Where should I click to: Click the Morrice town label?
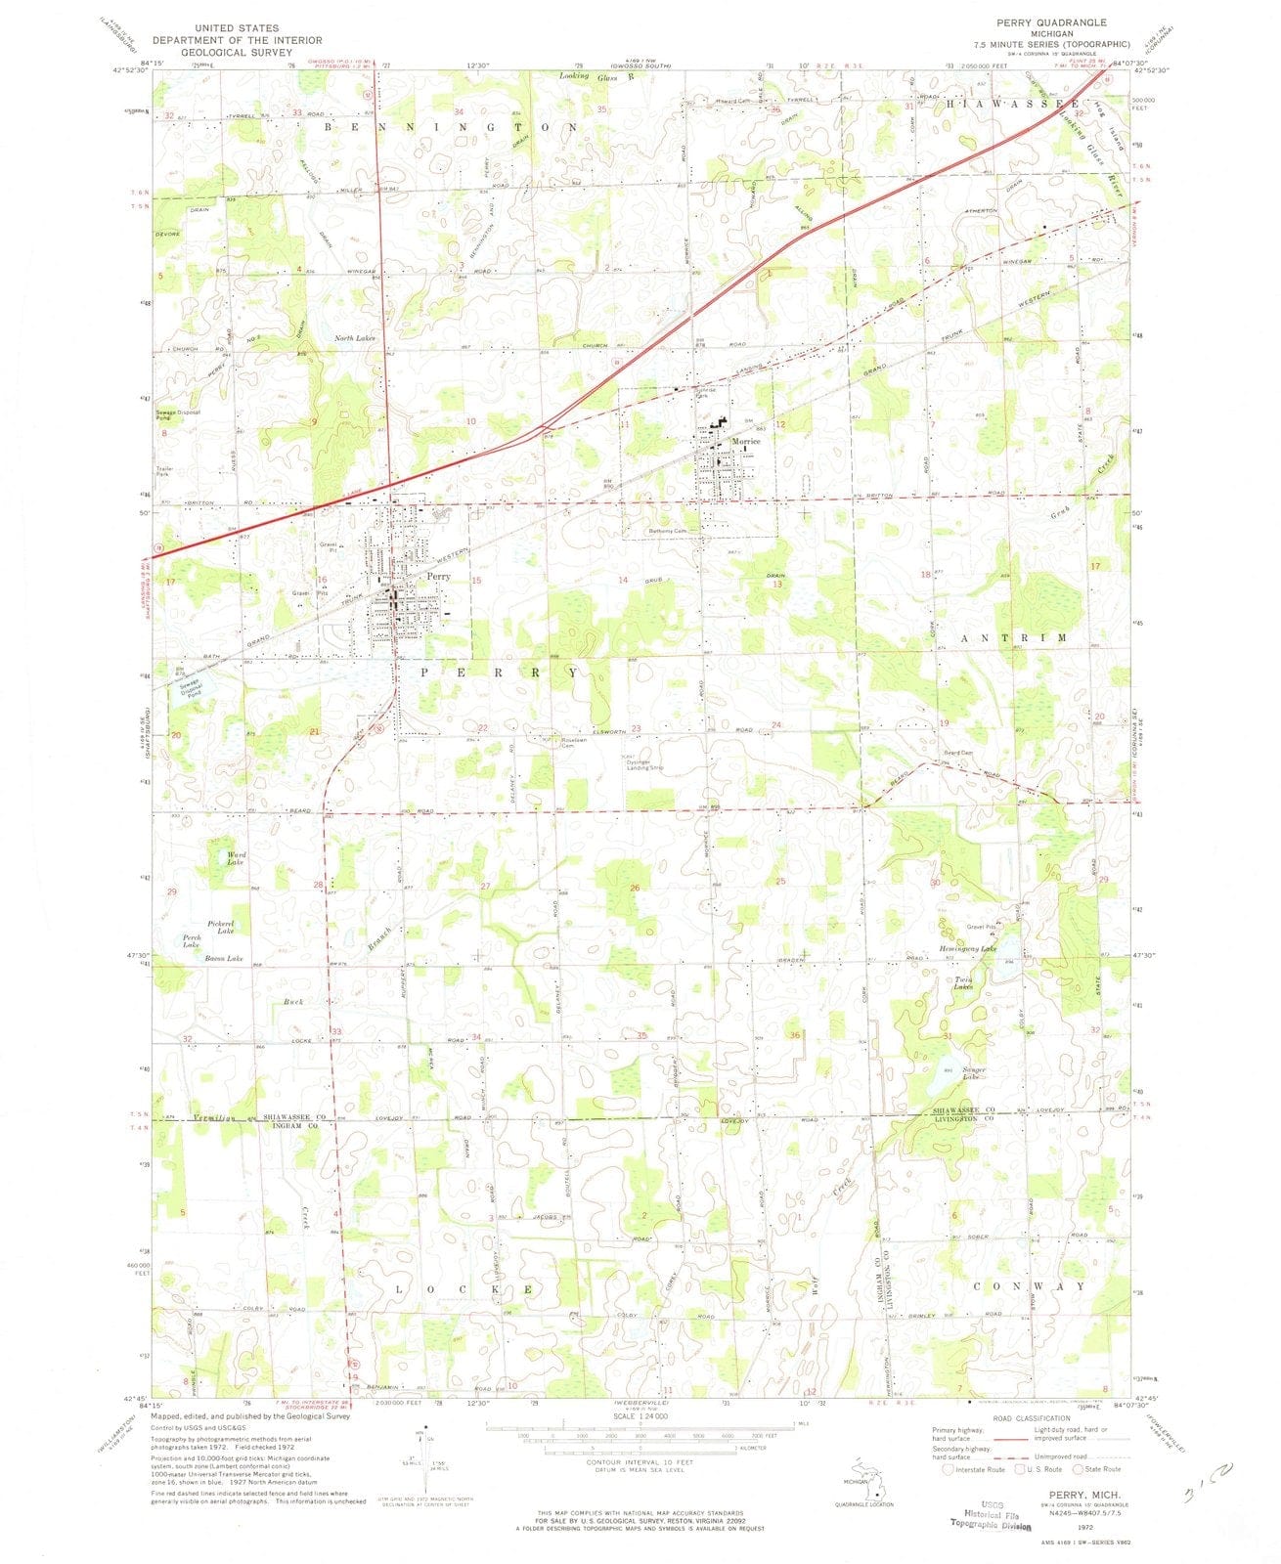coord(746,442)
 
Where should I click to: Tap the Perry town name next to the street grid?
coord(438,577)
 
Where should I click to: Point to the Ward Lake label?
coord(236,858)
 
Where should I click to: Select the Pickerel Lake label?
coord(220,927)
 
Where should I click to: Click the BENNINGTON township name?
coord(455,128)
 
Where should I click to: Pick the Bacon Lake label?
coord(222,959)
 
